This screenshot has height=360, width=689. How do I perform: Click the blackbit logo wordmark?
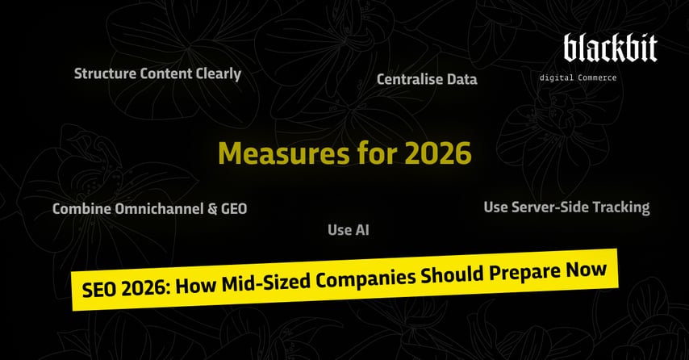click(x=610, y=48)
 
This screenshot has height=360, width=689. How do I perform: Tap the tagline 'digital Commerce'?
click(x=578, y=77)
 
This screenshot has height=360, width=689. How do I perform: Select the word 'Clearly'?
click(x=218, y=73)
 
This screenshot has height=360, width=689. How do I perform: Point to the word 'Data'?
click(x=462, y=79)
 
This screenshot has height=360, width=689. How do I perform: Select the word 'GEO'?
click(x=233, y=208)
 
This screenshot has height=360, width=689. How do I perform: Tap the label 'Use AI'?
click(x=348, y=230)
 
